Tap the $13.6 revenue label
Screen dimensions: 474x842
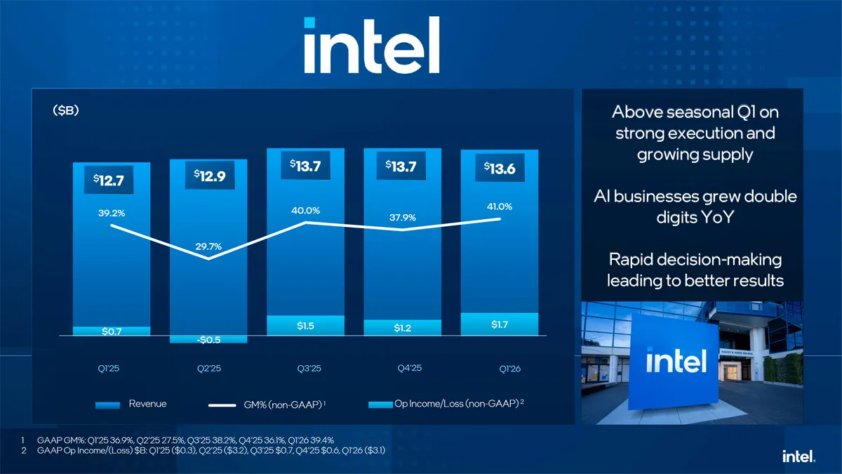500,169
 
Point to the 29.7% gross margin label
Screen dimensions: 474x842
208,246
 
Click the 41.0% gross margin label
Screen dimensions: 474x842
499,206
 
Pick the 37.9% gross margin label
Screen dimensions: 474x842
402,218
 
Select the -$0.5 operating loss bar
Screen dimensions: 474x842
208,340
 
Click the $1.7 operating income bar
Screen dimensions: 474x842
499,324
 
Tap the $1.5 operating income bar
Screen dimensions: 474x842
305,326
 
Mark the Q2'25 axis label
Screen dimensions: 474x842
208,369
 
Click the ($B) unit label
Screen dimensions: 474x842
65,110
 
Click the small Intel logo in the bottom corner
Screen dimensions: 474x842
798,456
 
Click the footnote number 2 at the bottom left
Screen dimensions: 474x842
25,450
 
